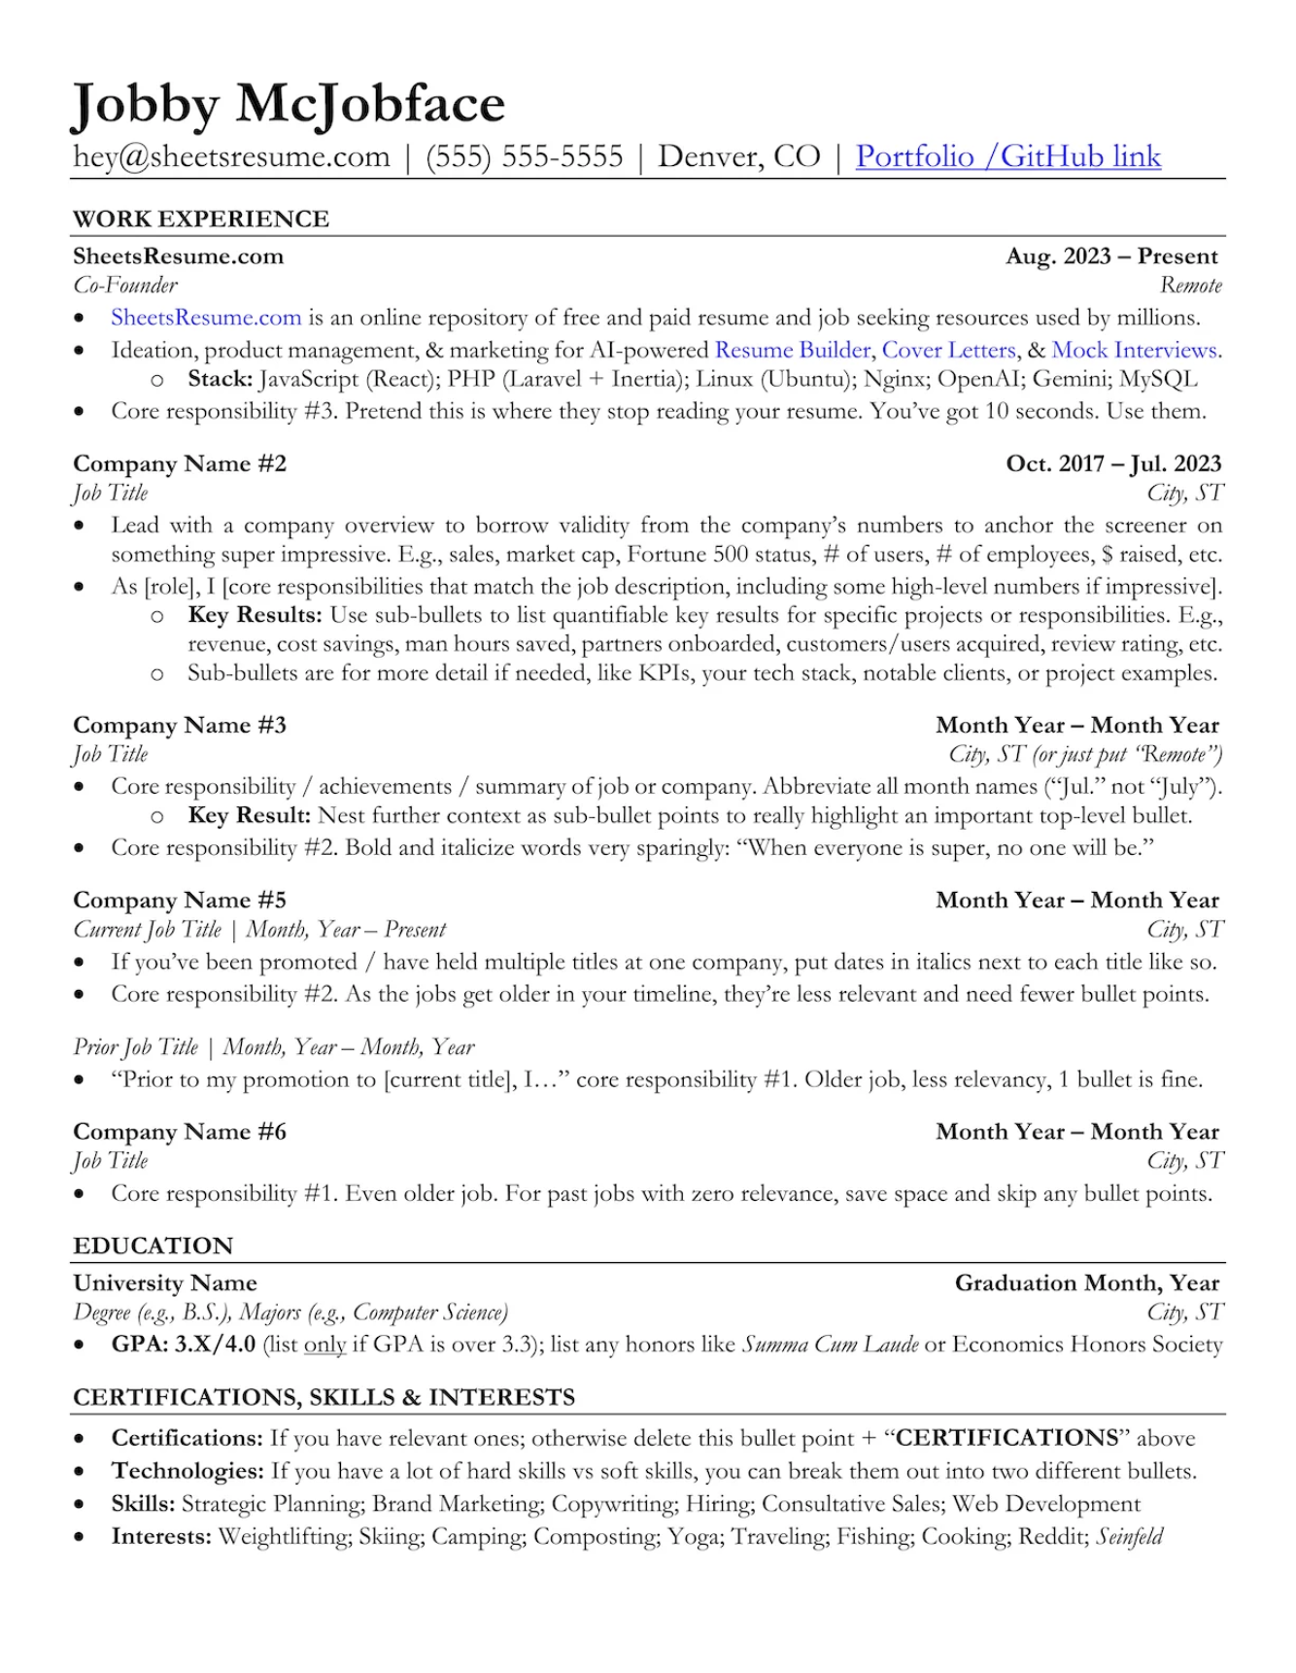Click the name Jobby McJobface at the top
289,104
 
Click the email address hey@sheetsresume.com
231,156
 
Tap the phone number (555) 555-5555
525,156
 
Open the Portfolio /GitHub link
1007,156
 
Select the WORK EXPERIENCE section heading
201,219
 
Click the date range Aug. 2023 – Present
1111,256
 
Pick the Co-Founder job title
125,286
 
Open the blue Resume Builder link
793,350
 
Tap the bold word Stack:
220,379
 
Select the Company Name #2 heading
180,463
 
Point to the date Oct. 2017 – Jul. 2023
1113,463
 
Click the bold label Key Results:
255,615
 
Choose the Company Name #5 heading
180,900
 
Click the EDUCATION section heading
153,1246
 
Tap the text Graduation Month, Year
1086,1282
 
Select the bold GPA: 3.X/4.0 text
184,1345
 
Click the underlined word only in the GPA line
324,1345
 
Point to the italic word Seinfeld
1129,1536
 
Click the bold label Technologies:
188,1471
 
